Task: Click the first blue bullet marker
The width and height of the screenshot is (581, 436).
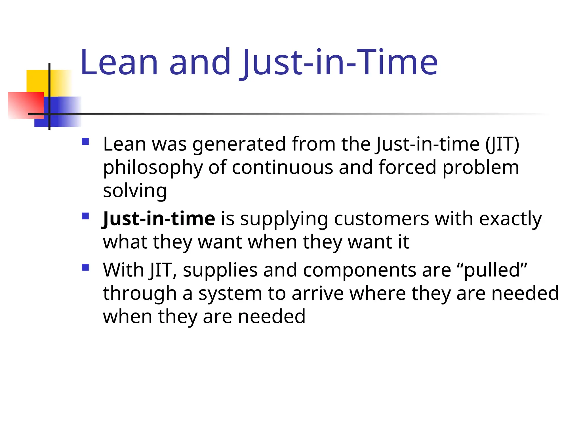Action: click(x=85, y=141)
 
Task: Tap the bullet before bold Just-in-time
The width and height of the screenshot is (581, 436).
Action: click(x=85, y=216)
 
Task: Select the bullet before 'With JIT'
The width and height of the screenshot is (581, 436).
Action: click(x=85, y=267)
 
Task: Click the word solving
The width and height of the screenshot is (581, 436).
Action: click(x=135, y=191)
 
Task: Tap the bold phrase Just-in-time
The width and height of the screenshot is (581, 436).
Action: click(x=159, y=219)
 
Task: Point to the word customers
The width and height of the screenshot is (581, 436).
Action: click(x=382, y=219)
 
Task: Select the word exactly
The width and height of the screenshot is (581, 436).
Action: click(x=510, y=219)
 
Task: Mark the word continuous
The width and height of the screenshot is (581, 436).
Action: click(x=282, y=167)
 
